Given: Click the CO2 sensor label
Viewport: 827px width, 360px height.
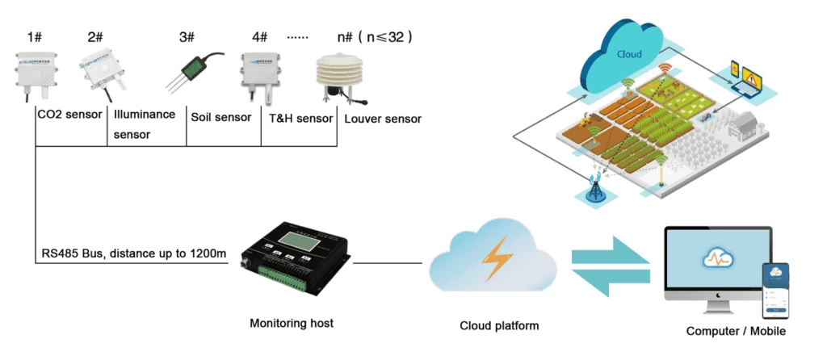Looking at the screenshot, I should [70, 115].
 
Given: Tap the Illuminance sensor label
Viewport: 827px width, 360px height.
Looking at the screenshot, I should [144, 124].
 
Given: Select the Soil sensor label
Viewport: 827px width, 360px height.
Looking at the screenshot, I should [222, 117].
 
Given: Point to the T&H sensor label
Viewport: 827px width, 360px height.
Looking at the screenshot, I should [300, 118].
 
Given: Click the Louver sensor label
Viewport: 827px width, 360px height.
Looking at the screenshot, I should [382, 119].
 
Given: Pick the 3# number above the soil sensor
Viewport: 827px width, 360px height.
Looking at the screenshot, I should [187, 37].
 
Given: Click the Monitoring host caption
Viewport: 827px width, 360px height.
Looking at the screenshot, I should [291, 324].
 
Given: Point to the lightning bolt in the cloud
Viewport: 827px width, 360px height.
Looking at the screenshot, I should [493, 261].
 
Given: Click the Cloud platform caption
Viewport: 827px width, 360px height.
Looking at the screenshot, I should [499, 326].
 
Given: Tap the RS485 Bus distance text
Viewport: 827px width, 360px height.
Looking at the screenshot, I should [134, 255].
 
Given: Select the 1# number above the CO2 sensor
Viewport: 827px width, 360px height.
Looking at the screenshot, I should [35, 37].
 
